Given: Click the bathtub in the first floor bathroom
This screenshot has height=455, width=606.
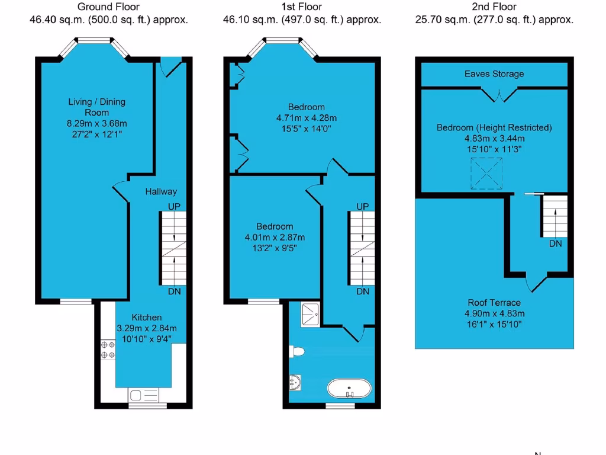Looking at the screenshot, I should tap(350, 389).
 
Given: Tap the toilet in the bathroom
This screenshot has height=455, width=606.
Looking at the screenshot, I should tap(297, 352).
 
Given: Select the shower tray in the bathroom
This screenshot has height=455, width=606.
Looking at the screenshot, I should tap(311, 313).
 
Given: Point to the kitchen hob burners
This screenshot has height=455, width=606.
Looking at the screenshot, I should tap(108, 349).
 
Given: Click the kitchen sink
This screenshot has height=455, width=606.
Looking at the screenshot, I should tap(143, 395).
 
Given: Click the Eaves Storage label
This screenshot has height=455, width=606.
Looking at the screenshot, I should tap(494, 74).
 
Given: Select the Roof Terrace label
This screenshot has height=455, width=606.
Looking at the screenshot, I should tap(494, 303).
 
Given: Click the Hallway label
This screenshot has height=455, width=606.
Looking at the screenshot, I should tap(161, 191).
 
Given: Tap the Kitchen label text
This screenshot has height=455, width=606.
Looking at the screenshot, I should tap(147, 318).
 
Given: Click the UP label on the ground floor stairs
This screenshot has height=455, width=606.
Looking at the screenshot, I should tap(174, 206).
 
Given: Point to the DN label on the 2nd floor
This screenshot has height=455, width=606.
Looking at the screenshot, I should tap(555, 243).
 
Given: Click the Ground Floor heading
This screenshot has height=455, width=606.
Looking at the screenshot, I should tap(109, 7).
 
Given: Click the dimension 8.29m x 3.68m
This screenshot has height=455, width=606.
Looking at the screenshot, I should tap(97, 123).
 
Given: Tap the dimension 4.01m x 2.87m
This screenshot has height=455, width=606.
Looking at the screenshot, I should tap(275, 237).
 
